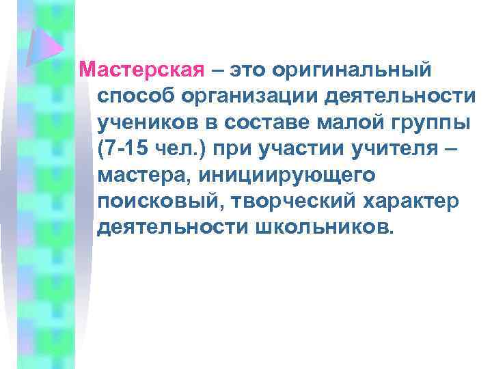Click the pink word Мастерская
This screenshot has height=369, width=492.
(x=142, y=69)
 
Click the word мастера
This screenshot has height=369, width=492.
(x=144, y=174)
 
